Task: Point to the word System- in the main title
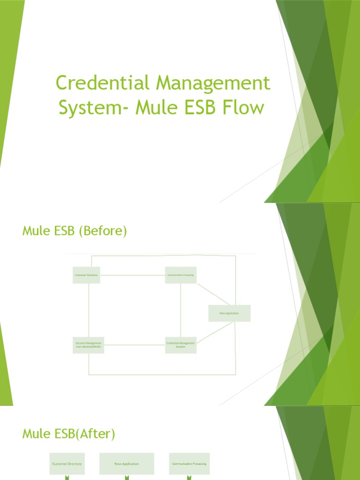click(93, 108)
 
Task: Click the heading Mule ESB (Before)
click(75, 231)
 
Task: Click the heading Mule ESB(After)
click(68, 434)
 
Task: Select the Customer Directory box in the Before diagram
click(86, 275)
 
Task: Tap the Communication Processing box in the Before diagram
click(181, 275)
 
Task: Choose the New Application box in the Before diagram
click(229, 313)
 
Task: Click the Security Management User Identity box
click(88, 345)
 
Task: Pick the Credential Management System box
click(181, 345)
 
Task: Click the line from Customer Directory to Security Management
click(88, 309)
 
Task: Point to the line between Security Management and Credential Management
click(134, 345)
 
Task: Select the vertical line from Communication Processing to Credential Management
click(181, 309)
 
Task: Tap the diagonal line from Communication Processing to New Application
click(212, 294)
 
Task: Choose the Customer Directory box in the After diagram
click(67, 464)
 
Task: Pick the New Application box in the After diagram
click(127, 464)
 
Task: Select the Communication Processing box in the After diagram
click(189, 464)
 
